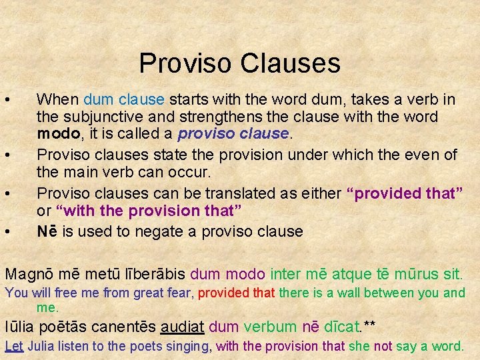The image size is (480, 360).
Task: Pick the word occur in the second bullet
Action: pyautogui.click(x=193, y=172)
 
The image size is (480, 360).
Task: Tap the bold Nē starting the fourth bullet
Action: pyautogui.click(x=47, y=231)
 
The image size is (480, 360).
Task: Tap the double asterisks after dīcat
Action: pyautogui.click(x=369, y=325)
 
